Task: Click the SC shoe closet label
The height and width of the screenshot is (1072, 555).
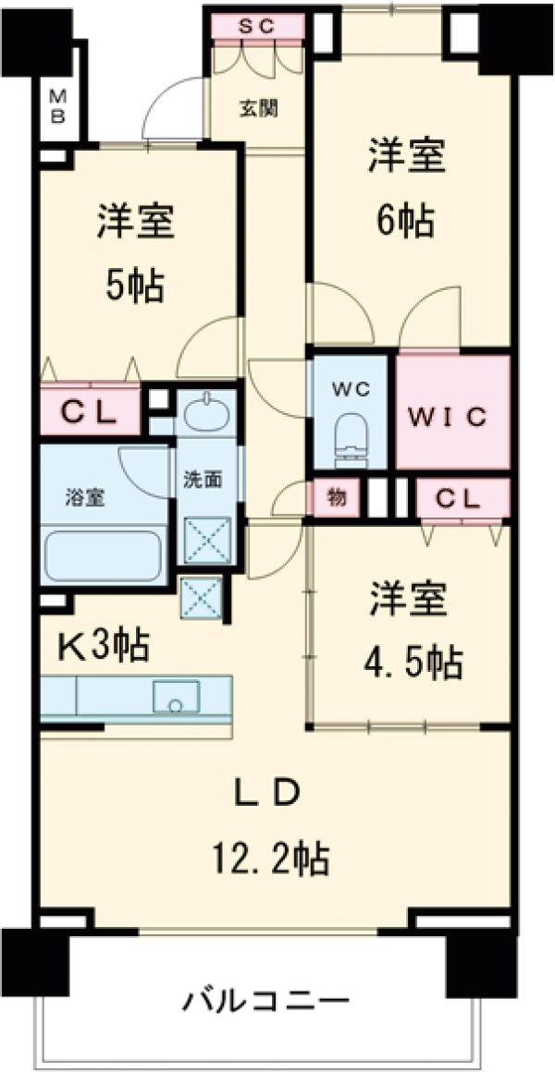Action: pos(257,27)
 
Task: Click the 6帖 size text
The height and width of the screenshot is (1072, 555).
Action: pos(407,221)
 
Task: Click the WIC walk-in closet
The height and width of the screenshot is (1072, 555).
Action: pos(453,417)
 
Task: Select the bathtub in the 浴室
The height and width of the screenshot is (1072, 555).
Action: pos(103,554)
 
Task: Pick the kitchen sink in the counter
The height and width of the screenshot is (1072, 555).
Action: pos(176,698)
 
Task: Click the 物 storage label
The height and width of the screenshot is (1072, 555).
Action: pos(337,499)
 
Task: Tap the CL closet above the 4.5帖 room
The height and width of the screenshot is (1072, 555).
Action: pos(460,500)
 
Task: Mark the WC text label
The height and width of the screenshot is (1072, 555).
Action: pos(352,389)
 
